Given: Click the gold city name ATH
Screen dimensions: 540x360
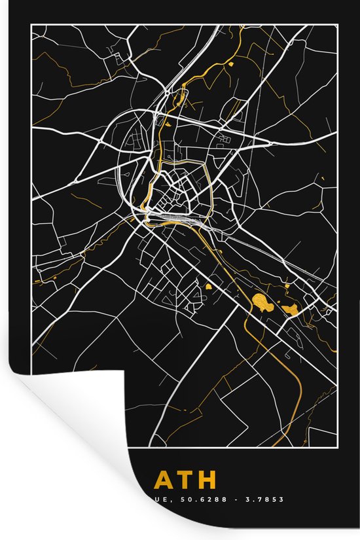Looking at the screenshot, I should [185, 480].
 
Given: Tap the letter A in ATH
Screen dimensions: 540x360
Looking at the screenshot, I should [164, 480].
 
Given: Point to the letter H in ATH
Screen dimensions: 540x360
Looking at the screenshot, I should [206, 480].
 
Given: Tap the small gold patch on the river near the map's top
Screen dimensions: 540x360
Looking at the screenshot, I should [232, 64].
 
